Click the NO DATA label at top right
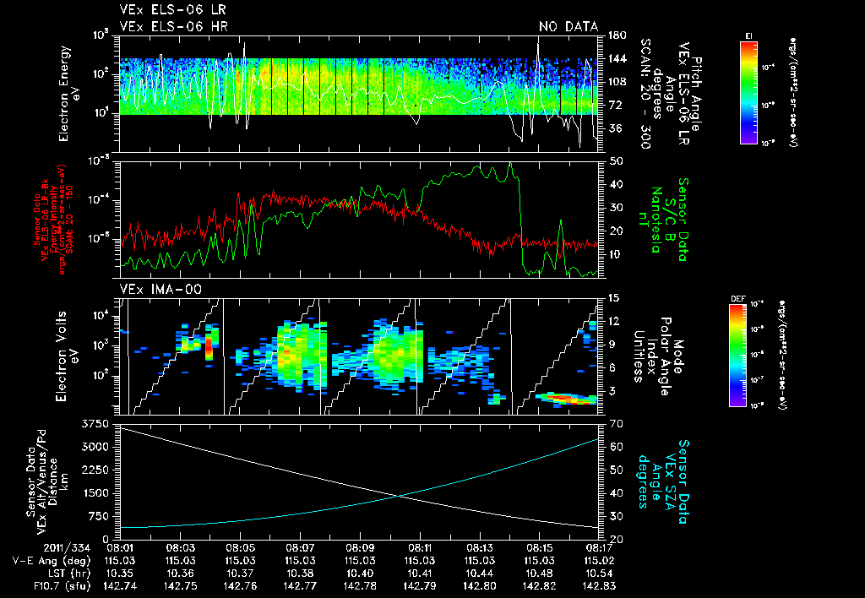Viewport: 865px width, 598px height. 568,27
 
